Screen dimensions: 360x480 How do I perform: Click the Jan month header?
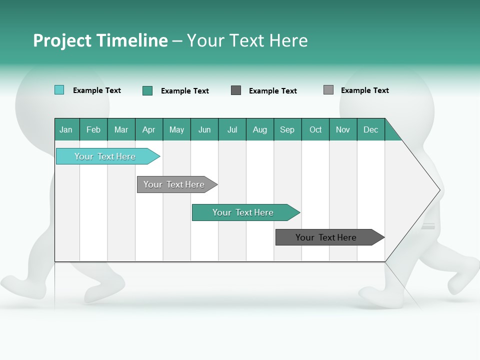pos(66,129)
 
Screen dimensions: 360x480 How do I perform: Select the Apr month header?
pos(149,129)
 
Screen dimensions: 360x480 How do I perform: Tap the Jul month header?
pos(232,129)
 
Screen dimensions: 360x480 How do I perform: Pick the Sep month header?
pos(287,129)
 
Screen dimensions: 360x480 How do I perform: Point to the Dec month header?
pos(370,129)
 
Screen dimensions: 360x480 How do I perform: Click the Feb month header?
pos(93,129)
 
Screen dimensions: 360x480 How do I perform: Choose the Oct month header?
pos(315,129)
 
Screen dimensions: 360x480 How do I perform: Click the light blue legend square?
pos(59,90)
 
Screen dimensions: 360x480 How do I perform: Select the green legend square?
pos(147,90)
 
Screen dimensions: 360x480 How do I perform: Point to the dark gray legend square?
pos(236,90)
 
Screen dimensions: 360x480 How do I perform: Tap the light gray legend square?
pos(328,90)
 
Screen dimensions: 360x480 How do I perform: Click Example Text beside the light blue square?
pos(97,90)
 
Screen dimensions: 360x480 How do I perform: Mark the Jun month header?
pos(204,129)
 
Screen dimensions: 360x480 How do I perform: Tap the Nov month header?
pos(343,129)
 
